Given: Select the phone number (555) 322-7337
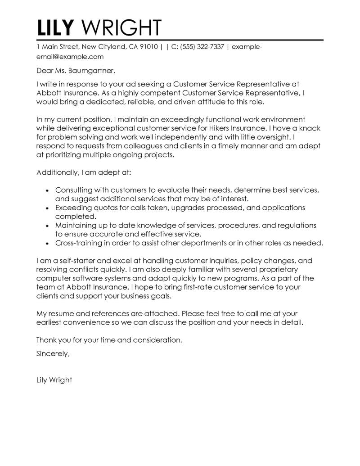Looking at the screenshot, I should pos(202,47).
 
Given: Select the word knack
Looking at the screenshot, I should pos(310,128).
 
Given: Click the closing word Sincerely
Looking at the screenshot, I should pos(53,353).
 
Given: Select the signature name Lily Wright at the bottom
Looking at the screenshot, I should pos(54,380).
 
